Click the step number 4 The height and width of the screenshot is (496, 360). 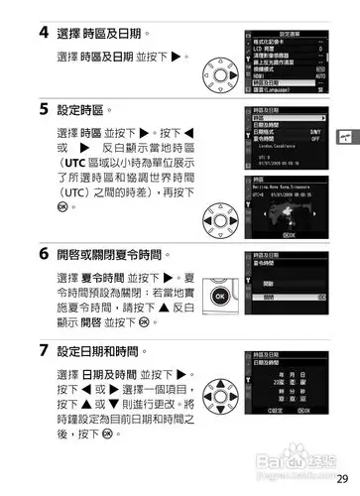45,32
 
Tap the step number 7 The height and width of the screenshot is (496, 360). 45,350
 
